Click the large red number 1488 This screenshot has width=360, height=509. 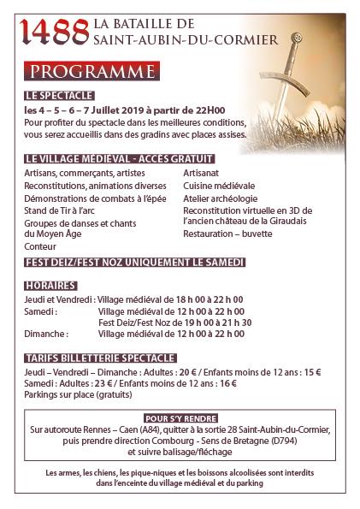56,33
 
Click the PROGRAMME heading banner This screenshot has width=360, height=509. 89,69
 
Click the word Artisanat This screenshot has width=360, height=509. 201,173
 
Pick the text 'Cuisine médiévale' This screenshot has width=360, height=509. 218,185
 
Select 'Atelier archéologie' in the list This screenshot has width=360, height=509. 221,197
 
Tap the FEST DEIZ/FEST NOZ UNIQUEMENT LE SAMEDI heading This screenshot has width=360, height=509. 135,261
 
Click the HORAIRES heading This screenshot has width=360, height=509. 51,285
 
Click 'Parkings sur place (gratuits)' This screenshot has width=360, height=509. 73,398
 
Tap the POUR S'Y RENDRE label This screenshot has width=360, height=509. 180,418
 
